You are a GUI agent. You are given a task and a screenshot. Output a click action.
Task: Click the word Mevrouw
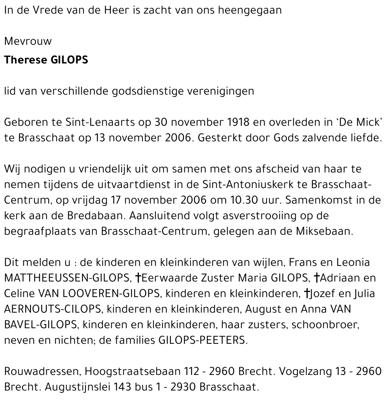tap(28, 41)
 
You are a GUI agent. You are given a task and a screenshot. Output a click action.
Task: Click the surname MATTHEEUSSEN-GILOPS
tap(67, 278)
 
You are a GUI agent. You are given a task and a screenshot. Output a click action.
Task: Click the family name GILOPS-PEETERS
tap(202, 340)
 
